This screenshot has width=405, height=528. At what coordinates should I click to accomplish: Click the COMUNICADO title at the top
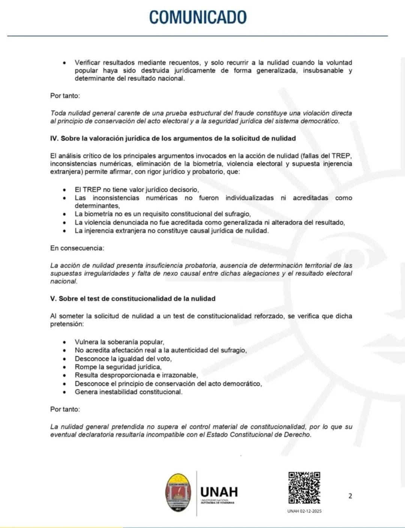[x=198, y=17]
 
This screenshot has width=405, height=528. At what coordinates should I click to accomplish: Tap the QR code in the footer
[x=304, y=487]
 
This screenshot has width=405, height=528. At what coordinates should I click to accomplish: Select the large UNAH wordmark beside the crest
[x=219, y=492]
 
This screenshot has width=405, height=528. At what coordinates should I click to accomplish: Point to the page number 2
[x=350, y=496]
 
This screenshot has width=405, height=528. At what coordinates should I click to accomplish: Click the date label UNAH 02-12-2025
[x=304, y=511]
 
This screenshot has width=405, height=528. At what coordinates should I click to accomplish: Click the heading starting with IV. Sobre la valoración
[x=173, y=138]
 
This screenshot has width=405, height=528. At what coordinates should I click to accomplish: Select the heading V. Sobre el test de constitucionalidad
[x=133, y=299]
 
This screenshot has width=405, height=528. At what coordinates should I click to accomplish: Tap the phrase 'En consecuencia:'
[x=77, y=248]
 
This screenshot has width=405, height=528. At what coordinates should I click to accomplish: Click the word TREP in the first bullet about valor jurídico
[x=92, y=190]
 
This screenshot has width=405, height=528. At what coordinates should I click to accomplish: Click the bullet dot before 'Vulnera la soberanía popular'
[x=65, y=342]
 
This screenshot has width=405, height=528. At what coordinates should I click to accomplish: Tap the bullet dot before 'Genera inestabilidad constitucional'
[x=65, y=392]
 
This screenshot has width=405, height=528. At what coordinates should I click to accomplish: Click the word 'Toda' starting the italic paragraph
[x=58, y=113]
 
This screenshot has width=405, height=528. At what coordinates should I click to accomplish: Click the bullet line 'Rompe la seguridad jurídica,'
[x=118, y=367]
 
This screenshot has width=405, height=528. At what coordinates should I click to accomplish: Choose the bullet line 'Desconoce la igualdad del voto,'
[x=123, y=359]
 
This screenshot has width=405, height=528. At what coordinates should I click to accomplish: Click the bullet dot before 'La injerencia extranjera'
[x=65, y=231]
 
